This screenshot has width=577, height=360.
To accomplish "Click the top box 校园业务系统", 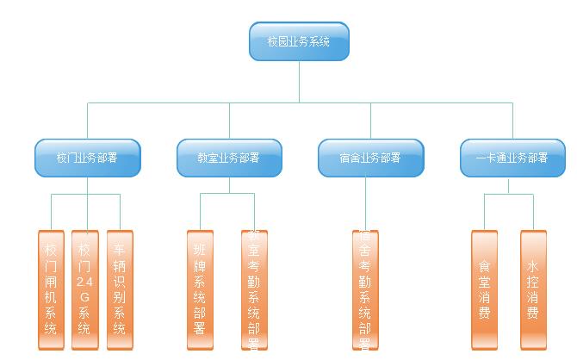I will pos(299,41).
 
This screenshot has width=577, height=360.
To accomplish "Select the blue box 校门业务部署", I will pos(87,158).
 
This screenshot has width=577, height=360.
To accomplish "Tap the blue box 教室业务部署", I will pos(229,158).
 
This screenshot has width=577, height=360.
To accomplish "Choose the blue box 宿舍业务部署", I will pos(370,158).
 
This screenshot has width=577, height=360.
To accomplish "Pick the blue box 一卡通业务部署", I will pos(512,158).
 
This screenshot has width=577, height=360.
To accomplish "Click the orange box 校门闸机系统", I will pos(51,289).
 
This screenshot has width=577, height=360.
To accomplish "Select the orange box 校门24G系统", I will pos(84,289).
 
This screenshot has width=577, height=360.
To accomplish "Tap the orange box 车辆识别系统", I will pos(120,289).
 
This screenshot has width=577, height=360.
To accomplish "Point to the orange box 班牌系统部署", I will pos(200,289).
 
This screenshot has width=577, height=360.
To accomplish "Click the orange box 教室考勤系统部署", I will pos(254,289).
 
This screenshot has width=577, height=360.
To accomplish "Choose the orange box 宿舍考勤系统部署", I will pos(365,289).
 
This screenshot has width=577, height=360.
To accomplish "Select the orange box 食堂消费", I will pos(485,289).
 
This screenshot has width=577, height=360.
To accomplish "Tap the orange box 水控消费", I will pos(533,289).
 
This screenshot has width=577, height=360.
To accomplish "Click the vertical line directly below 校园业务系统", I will pos(300,82).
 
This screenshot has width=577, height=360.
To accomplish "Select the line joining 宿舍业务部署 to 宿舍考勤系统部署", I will pos(365,203).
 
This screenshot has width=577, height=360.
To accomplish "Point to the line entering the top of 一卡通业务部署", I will pos(512,121).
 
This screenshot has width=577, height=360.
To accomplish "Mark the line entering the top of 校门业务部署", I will pos(87,121).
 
